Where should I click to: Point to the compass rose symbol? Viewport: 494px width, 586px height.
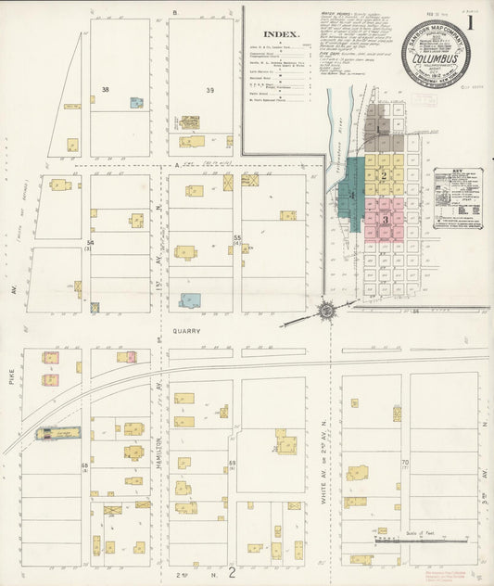coord(327,312)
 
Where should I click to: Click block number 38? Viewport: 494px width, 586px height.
coord(106,90)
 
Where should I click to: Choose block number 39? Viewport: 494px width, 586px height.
coord(210,90)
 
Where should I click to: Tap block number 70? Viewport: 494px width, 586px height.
coord(405,462)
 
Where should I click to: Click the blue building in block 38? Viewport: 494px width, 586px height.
coord(136,103)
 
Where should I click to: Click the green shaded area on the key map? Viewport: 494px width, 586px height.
coord(351,195)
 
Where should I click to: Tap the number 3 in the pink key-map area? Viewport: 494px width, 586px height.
coord(384,220)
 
